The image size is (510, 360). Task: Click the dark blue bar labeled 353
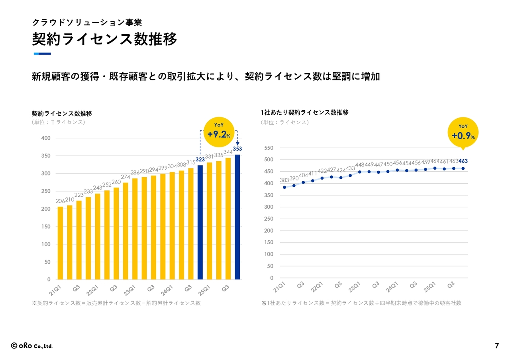click(237, 217)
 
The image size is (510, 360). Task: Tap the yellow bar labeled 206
click(60, 243)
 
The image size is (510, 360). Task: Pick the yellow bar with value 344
click(228, 219)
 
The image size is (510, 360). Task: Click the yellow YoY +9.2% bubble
click(219, 133)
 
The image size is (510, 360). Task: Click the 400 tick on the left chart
click(46, 138)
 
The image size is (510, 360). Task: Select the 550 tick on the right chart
click(269, 148)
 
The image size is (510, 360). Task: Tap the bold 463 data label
click(463, 161)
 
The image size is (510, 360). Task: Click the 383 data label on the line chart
click(284, 180)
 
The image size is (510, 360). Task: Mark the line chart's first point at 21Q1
click(284, 187)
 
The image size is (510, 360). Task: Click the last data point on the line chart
click(463, 168)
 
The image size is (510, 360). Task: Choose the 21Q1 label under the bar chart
click(55, 289)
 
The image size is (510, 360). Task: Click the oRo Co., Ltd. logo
click(32, 346)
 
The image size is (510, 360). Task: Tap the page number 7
click(496, 346)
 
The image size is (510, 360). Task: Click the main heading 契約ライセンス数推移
click(104, 40)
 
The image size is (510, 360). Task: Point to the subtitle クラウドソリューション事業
click(87, 23)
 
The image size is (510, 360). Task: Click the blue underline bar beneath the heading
click(42, 54)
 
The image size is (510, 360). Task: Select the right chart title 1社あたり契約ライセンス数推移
click(304, 113)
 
